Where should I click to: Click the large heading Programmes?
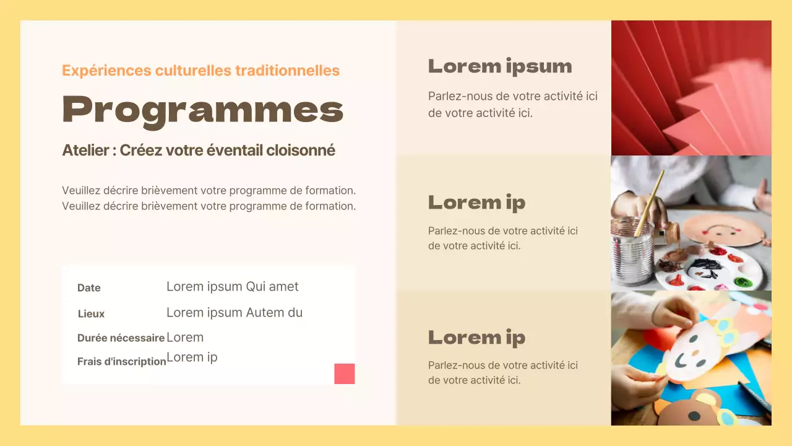coord(202,110)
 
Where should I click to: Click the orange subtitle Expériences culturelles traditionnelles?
coord(200,71)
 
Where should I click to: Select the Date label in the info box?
coord(89,288)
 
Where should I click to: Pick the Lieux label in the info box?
coord(92,314)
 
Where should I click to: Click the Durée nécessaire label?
coord(121,338)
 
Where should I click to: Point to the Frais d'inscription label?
coord(121,362)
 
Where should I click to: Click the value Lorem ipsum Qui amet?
coord(232,287)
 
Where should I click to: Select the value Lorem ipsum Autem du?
coord(235,313)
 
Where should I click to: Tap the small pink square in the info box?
coord(345,374)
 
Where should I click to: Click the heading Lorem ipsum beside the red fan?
coord(499,67)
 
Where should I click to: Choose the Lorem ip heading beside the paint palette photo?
coord(476,203)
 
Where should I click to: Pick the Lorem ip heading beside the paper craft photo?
coord(476,338)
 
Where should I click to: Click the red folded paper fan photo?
coord(691,87)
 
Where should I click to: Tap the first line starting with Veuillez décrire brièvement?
coord(209,191)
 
